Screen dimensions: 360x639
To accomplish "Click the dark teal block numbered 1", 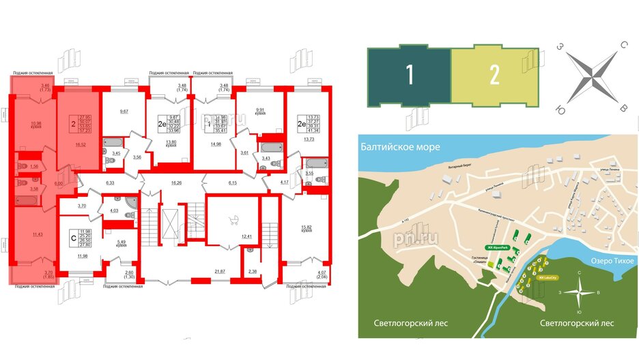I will pos(409,77).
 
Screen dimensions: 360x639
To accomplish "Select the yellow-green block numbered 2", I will pos(494,77).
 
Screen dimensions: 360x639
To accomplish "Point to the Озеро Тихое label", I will pos(609,262).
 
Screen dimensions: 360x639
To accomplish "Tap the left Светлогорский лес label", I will pos(411,323).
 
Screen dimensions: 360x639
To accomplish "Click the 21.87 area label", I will pos(220,273).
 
